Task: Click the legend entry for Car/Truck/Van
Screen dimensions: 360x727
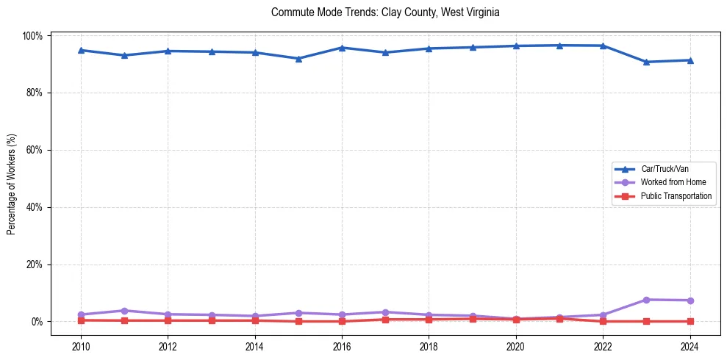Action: pyautogui.click(x=664, y=169)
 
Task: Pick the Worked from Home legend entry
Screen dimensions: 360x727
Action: pyautogui.click(x=668, y=182)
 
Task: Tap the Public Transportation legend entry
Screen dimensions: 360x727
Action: pyautogui.click(x=676, y=196)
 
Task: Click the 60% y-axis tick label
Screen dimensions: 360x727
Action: pyautogui.click(x=35, y=150)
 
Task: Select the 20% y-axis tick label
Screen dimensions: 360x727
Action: pyautogui.click(x=35, y=264)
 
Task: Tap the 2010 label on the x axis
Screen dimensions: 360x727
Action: pyautogui.click(x=81, y=345)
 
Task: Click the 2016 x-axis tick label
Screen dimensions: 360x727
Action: pyautogui.click(x=342, y=345)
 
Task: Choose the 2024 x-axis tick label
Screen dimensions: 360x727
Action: pyautogui.click(x=690, y=345)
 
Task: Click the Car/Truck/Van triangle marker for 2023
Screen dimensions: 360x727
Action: pyautogui.click(x=646, y=62)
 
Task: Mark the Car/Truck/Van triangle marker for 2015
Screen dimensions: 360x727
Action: pyautogui.click(x=298, y=59)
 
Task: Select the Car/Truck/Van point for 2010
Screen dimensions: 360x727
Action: pyautogui.click(x=81, y=50)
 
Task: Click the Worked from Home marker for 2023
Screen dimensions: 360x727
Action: pyautogui.click(x=646, y=300)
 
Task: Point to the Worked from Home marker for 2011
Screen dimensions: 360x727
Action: pyautogui.click(x=124, y=311)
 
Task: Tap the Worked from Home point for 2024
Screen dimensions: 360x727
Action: pyautogui.click(x=690, y=300)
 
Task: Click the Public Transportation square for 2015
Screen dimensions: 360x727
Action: pyautogui.click(x=298, y=321)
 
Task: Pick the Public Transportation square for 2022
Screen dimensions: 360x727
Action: pyautogui.click(x=603, y=321)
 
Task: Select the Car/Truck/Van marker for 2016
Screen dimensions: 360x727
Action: pyautogui.click(x=342, y=48)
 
